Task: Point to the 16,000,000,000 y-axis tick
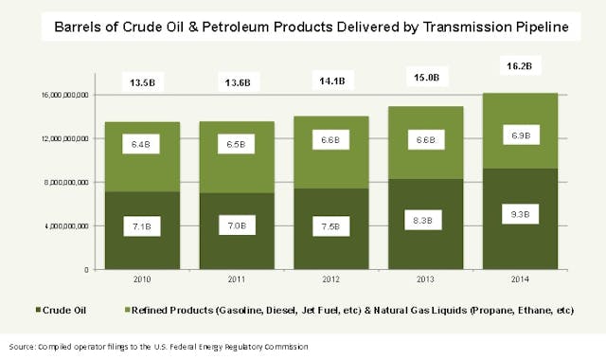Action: [65, 95]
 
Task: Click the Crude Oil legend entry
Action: [62, 310]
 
